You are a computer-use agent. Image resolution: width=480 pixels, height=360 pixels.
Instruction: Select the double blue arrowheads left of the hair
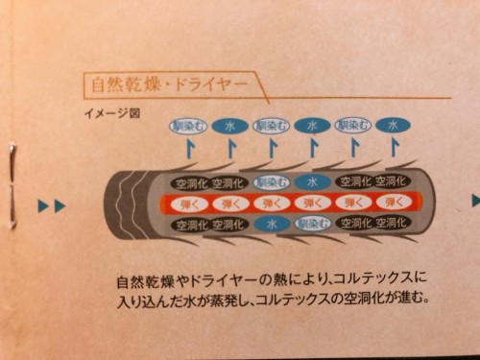[52, 205]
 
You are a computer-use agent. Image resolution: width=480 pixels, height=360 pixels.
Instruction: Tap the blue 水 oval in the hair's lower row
[272, 223]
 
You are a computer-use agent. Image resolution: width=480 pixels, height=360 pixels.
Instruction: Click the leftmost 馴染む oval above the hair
[187, 126]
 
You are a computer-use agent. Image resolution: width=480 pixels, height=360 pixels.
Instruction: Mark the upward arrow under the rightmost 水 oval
[393, 147]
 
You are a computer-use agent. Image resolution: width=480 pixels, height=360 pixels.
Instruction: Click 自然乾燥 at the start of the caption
[138, 282]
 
